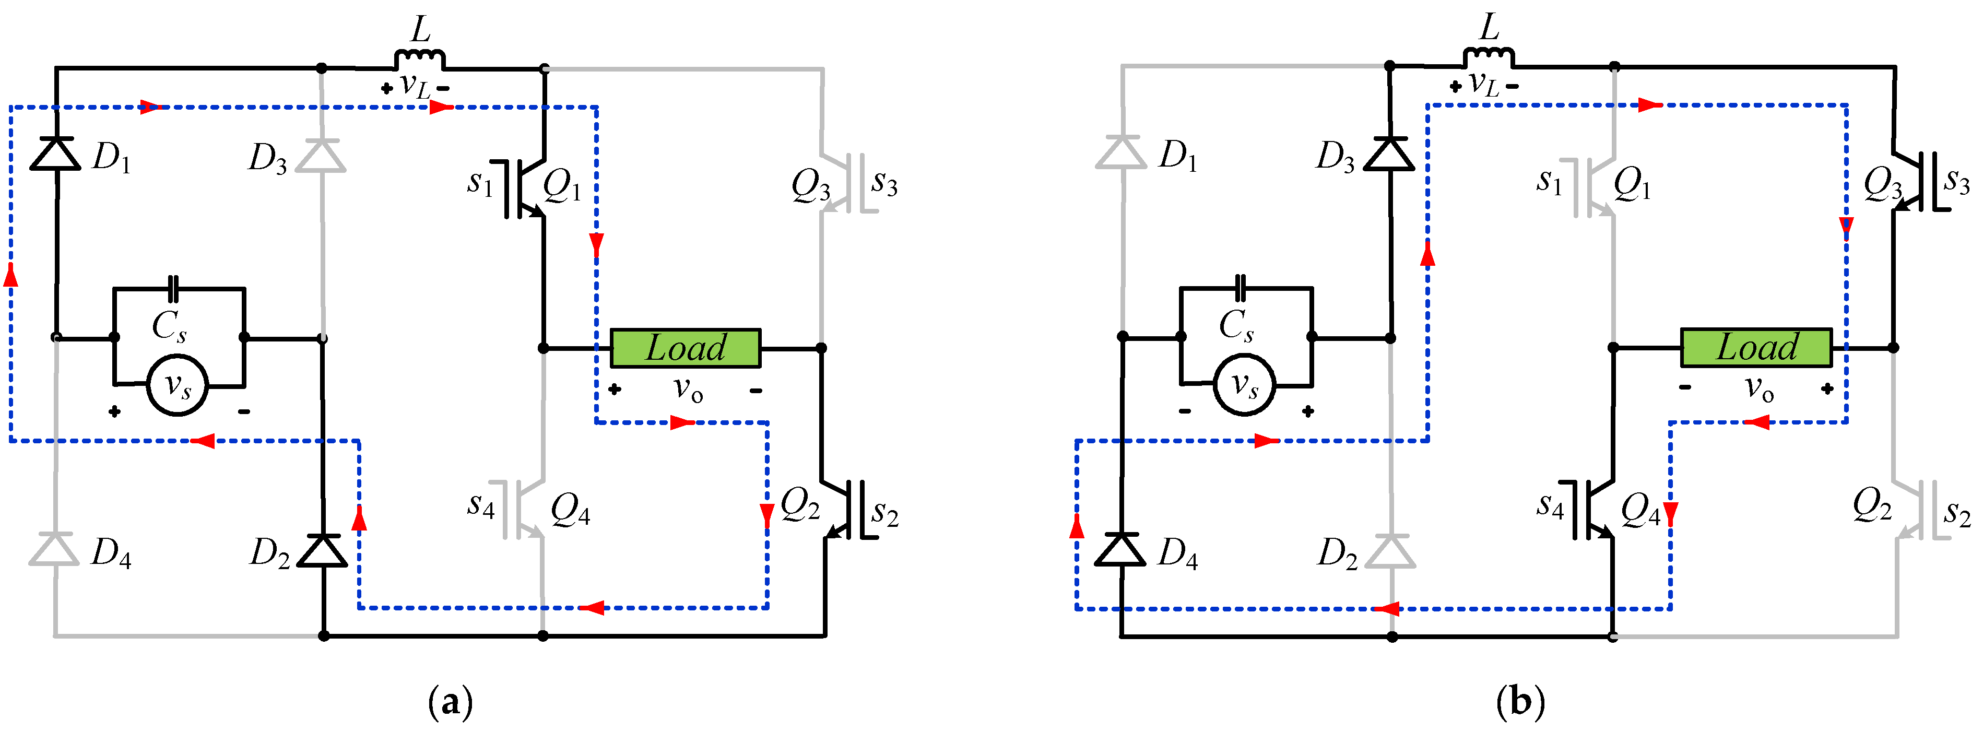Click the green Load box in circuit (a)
point(685,348)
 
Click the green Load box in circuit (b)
point(1756,347)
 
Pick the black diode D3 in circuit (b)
point(1389,154)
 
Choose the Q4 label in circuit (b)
point(1639,510)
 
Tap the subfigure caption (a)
point(450,702)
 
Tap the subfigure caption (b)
point(1520,702)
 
